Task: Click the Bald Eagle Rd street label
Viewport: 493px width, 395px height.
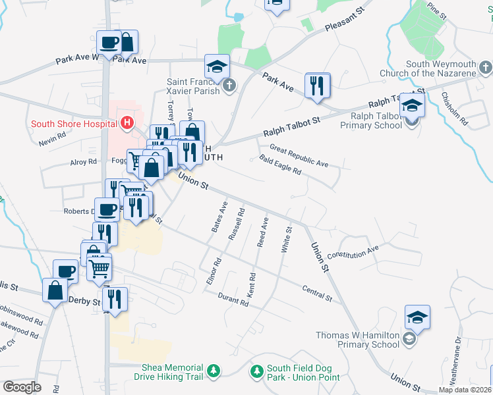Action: pos(280,165)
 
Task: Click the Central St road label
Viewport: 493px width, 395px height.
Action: pos(317,293)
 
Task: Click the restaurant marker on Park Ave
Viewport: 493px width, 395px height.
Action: pos(317,85)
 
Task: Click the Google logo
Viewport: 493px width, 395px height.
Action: pos(22,387)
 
